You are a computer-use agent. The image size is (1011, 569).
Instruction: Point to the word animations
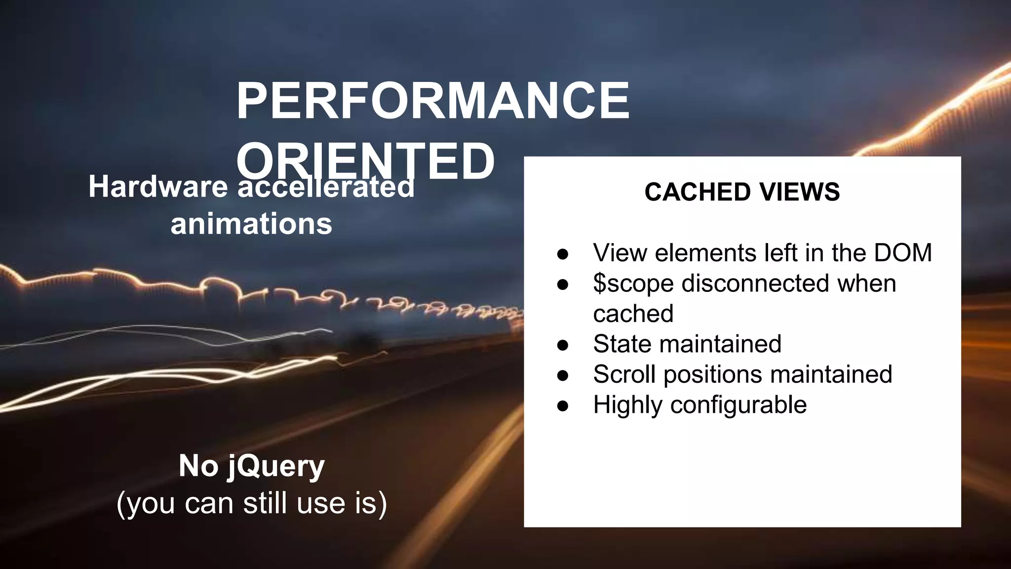pyautogui.click(x=251, y=224)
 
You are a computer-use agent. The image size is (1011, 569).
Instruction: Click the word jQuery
pyautogui.click(x=275, y=467)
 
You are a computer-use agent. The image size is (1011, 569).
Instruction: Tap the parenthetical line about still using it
pyautogui.click(x=252, y=503)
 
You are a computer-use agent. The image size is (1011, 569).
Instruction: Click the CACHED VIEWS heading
pyautogui.click(x=742, y=192)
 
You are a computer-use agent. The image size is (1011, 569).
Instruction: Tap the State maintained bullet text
pyautogui.click(x=687, y=344)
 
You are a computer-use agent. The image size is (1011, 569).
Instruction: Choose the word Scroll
pyautogui.click(x=624, y=374)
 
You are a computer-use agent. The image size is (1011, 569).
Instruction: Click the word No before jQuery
pyautogui.click(x=198, y=466)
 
